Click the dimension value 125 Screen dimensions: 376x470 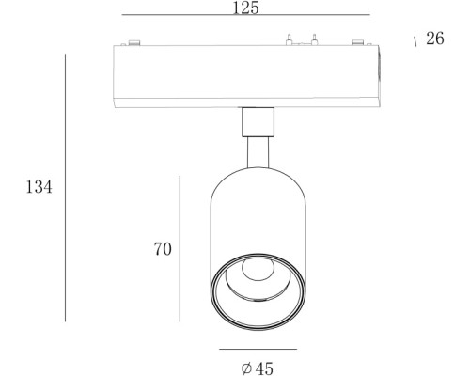(x=245, y=8)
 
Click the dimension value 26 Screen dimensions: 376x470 (x=435, y=40)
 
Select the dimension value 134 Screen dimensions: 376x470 (x=39, y=187)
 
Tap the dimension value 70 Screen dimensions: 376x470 (x=163, y=249)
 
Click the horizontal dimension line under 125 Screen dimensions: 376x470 (x=245, y=17)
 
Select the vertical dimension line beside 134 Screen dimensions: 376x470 (x=65, y=187)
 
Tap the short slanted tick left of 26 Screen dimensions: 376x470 (x=415, y=42)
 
